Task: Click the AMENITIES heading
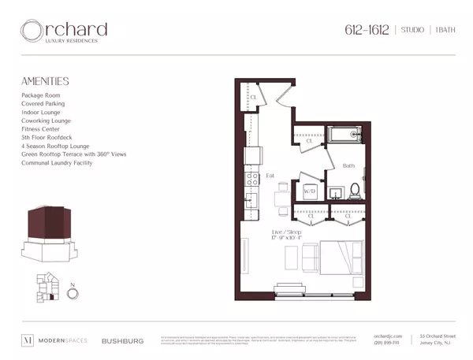46,80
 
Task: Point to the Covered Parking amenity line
44,103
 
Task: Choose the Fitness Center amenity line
43,129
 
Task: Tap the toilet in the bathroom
355,190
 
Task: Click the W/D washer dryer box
310,191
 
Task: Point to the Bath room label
348,165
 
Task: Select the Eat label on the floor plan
270,176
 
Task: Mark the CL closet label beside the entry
254,97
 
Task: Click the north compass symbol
73,292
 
